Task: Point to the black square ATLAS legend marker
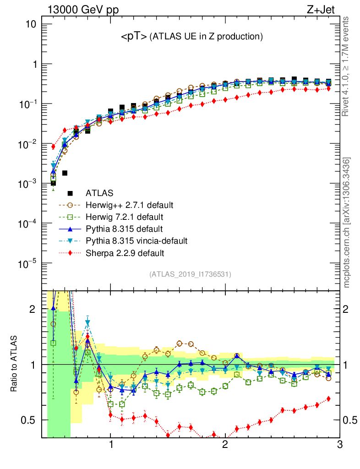pos(71,193)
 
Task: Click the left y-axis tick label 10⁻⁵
pos(28,263)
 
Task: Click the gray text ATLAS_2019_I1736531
pos(190,274)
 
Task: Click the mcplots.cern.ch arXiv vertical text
pos(347,222)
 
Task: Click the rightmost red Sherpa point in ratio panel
pos(328,398)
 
